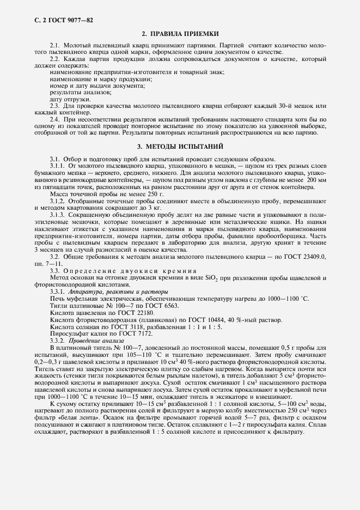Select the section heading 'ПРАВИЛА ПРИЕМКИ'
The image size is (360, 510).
186,34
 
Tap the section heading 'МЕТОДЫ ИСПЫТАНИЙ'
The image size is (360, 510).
186,147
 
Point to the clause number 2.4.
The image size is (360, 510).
54,118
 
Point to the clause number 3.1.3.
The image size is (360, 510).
57,215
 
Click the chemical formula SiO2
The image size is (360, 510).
212,277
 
